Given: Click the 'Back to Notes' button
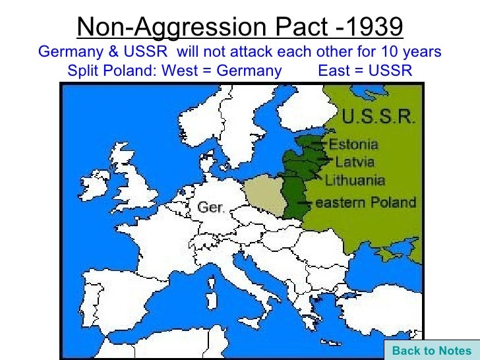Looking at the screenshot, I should click(x=432, y=351).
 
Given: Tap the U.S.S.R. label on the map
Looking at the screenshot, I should click(x=378, y=118).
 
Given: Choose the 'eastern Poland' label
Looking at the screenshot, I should click(x=367, y=202).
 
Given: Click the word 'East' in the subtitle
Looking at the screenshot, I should click(x=334, y=71).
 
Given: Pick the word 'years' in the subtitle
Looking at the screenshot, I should click(x=423, y=51).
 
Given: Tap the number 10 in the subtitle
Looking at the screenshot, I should click(x=392, y=51).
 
